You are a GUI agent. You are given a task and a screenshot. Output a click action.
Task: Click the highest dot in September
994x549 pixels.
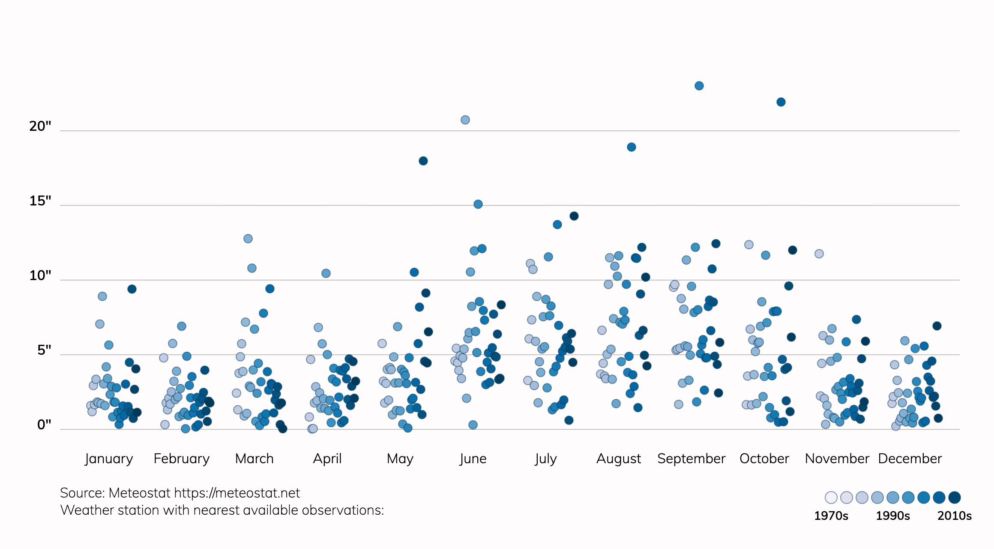pos(699,86)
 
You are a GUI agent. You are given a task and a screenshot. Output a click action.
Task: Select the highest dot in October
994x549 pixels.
pos(781,102)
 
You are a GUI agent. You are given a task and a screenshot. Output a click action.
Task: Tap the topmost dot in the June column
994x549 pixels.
pos(465,120)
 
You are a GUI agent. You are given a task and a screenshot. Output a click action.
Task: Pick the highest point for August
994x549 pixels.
pos(631,147)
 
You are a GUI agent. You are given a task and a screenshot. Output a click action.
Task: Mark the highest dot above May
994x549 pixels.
pos(423,161)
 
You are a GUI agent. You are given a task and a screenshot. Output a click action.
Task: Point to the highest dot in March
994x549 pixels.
pos(248,238)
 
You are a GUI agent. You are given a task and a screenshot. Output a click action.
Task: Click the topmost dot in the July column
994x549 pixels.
pos(574,216)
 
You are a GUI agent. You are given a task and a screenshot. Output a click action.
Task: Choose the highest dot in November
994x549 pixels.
pos(819,253)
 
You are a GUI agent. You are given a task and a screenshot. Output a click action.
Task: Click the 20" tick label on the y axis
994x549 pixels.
pos(40,126)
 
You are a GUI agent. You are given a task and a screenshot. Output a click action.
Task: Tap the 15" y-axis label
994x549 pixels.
pos(40,201)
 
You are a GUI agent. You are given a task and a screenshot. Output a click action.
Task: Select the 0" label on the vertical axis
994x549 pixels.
pos(44,425)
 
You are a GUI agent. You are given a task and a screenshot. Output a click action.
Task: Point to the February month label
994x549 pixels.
pos(181,459)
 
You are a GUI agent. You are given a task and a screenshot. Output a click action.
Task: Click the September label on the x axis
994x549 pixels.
pos(691,459)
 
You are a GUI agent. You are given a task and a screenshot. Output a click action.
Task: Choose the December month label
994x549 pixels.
pos(910,459)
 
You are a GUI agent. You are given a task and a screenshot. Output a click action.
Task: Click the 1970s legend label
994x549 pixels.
pos(831,516)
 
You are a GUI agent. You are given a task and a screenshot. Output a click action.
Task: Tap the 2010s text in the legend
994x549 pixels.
pos(954,516)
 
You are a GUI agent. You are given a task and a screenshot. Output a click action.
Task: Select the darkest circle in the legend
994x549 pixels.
pos(954,498)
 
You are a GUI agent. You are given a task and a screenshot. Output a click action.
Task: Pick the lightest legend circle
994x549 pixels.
pos(831,498)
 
